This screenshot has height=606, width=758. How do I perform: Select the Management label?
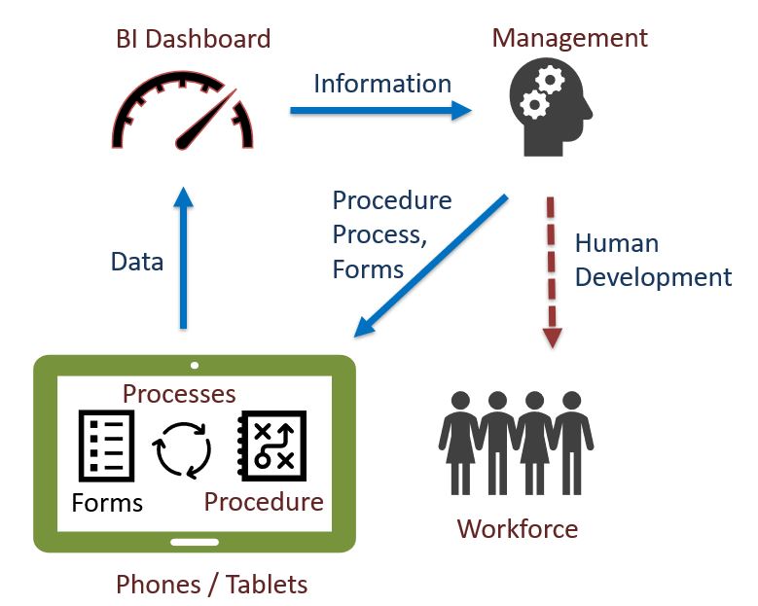[x=569, y=38]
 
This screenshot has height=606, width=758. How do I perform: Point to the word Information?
[x=382, y=84]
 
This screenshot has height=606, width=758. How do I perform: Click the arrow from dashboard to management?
[x=379, y=111]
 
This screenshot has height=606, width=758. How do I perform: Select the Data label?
[x=137, y=261]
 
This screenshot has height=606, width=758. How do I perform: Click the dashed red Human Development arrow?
[x=552, y=272]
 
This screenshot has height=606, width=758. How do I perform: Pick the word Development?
[x=653, y=276]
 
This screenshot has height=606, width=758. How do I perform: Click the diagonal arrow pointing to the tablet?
[x=430, y=266]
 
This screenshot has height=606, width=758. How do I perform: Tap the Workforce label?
[x=517, y=529]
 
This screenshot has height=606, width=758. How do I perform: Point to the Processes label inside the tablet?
[x=179, y=393]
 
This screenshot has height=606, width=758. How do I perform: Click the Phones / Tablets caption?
[x=211, y=585]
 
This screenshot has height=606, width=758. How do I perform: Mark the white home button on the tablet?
[x=195, y=541]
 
